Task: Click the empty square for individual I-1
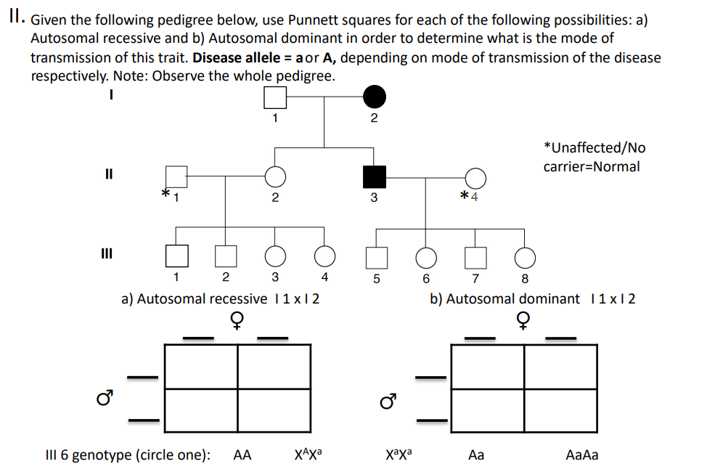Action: click(x=274, y=97)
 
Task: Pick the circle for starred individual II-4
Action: click(x=475, y=177)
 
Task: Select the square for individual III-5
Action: click(x=376, y=256)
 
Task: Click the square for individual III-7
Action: click(x=475, y=256)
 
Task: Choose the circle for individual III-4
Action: click(x=324, y=256)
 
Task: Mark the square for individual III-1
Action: click(x=176, y=256)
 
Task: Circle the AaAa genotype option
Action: click(x=581, y=456)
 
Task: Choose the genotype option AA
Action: click(x=242, y=456)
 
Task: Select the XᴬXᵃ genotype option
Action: click(x=308, y=455)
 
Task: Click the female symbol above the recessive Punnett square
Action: click(x=236, y=320)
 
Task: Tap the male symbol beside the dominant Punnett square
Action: click(x=388, y=400)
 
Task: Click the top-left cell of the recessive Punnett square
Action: click(x=202, y=367)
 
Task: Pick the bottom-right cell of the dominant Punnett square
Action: click(x=560, y=411)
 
